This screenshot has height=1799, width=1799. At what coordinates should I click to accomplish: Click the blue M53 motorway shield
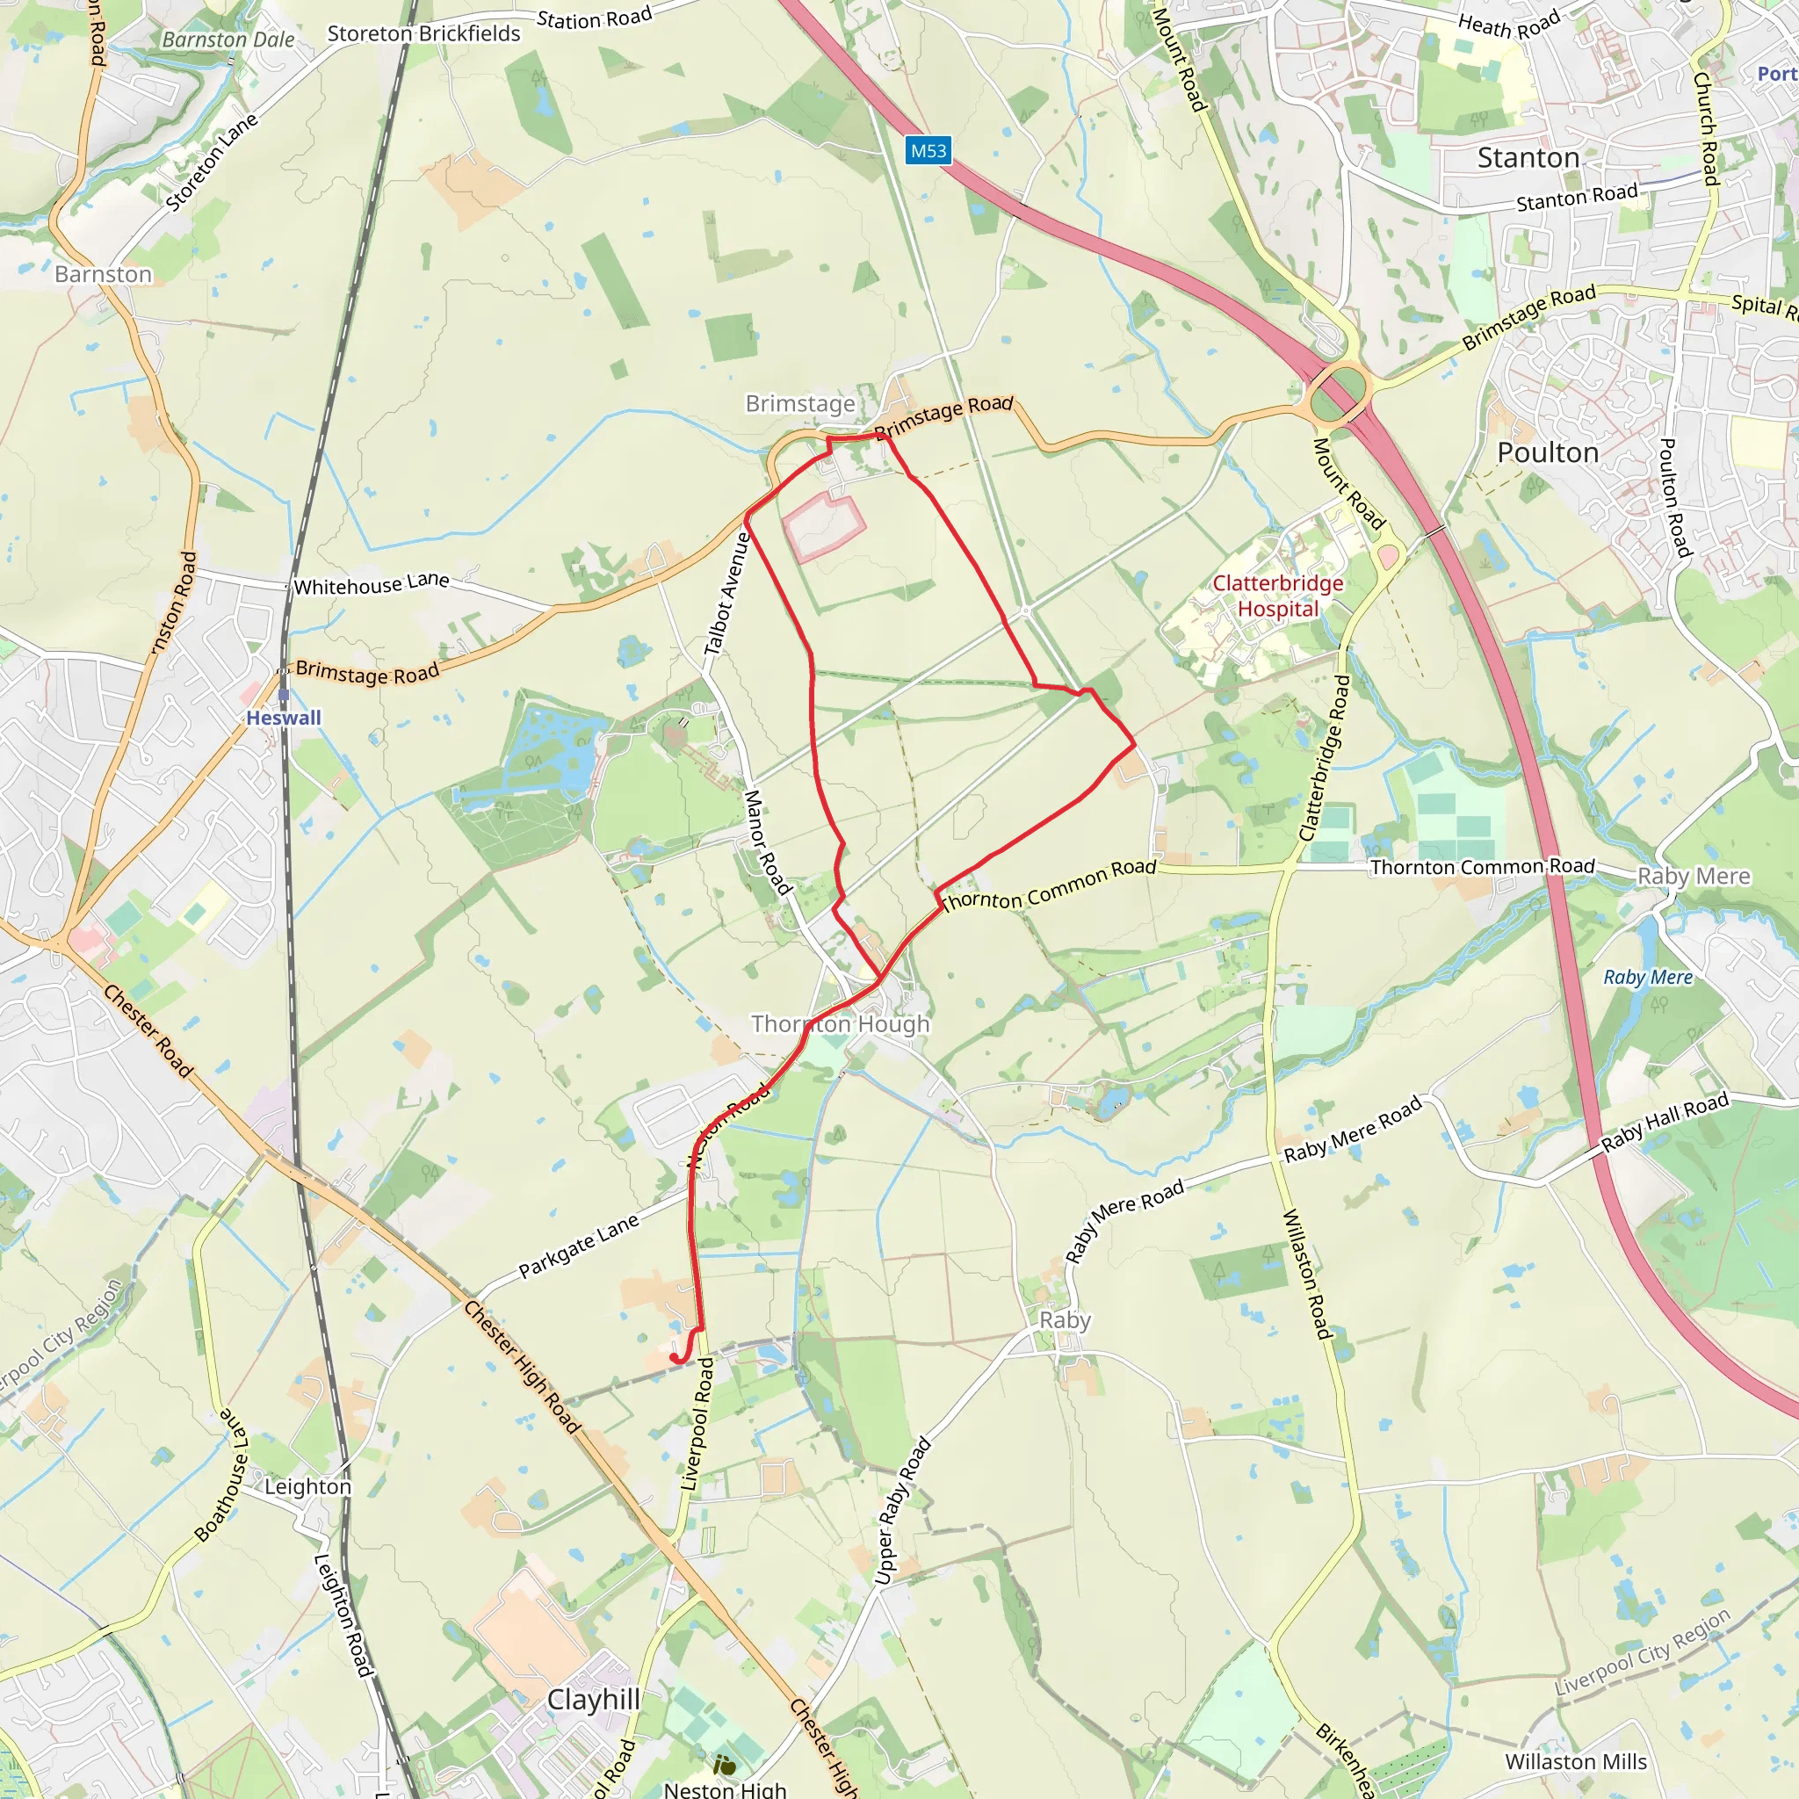click(x=928, y=151)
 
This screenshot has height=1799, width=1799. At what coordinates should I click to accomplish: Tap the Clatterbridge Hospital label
click(x=1277, y=596)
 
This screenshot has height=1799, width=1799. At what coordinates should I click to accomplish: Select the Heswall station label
click(x=283, y=718)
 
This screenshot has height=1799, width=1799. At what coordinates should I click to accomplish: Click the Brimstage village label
click(x=800, y=404)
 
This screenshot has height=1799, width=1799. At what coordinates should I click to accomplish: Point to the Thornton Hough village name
click(x=840, y=1024)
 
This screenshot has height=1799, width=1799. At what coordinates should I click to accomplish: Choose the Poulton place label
click(x=1548, y=453)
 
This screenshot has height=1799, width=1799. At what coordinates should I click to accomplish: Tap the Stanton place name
click(x=1528, y=158)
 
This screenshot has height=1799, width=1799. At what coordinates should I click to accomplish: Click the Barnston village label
click(x=103, y=275)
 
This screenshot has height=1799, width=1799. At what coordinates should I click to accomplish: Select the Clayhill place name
click(x=593, y=1699)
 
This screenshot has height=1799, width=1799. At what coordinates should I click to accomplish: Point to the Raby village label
click(x=1065, y=1320)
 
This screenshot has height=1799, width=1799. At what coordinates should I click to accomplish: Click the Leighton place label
click(x=307, y=1487)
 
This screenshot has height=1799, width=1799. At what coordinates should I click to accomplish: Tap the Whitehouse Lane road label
click(x=372, y=585)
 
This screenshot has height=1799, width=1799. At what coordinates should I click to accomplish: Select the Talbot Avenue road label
click(x=727, y=593)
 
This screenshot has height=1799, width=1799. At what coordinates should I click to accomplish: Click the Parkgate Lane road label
click(x=578, y=1246)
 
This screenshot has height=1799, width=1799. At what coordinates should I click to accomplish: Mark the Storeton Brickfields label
click(x=423, y=34)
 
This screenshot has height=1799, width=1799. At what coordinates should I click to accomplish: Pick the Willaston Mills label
click(x=1576, y=1763)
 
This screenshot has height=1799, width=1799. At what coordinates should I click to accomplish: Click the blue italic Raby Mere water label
click(x=1647, y=978)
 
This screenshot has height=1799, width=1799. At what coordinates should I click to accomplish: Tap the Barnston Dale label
click(x=228, y=40)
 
